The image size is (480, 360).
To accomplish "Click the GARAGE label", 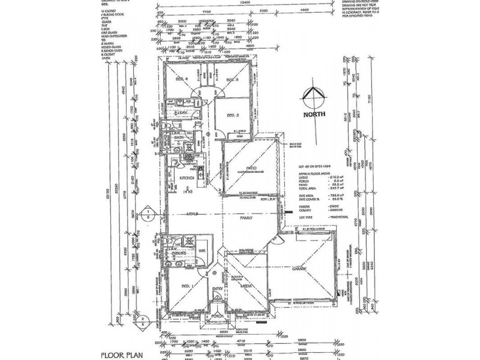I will [298, 269].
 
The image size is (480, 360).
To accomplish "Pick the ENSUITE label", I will [178, 253].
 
